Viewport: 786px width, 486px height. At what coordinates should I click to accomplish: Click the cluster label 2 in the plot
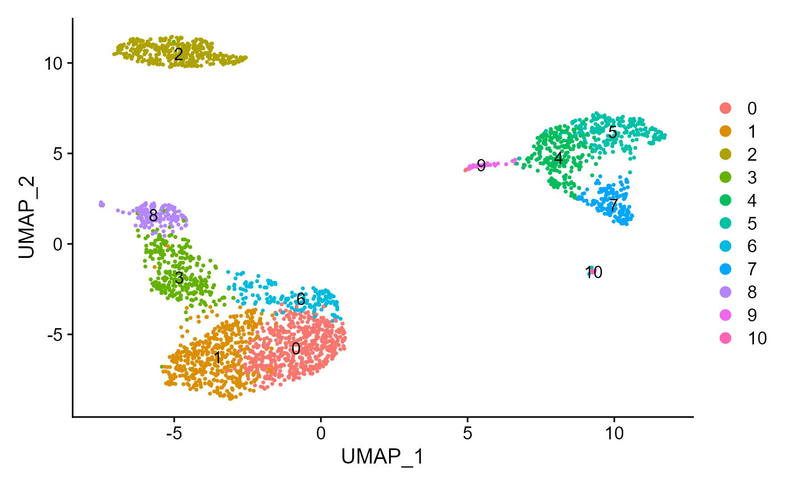(179, 54)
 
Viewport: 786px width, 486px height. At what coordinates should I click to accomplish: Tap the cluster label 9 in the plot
(481, 165)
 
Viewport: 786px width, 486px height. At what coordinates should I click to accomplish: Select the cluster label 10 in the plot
(594, 272)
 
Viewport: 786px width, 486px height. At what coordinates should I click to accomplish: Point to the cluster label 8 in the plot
(153, 216)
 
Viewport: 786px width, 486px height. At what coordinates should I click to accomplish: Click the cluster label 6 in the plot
(301, 299)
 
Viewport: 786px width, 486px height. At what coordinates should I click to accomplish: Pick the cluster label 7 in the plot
(614, 205)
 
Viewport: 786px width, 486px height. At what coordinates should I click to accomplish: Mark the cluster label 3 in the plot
(179, 278)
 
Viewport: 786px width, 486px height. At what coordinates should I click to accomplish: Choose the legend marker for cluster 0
(725, 108)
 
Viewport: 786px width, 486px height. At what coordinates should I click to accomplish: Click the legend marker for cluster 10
(725, 338)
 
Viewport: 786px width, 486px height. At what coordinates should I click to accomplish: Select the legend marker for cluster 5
(725, 223)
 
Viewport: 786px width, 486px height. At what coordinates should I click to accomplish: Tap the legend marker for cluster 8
(725, 292)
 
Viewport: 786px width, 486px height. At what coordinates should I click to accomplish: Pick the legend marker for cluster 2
(725, 155)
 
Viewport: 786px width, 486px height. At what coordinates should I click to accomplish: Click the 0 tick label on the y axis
(61, 244)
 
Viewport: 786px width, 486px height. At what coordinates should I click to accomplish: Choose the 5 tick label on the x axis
(467, 434)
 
